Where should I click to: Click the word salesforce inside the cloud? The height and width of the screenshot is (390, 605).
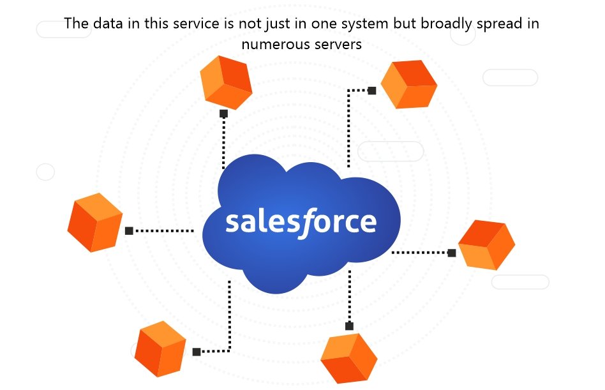(x=301, y=223)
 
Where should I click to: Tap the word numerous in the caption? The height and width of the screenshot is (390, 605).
(x=274, y=45)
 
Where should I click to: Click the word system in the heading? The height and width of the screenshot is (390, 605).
(x=364, y=24)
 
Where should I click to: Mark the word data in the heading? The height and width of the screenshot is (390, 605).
(x=108, y=23)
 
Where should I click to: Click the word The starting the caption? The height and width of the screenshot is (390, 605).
(x=77, y=23)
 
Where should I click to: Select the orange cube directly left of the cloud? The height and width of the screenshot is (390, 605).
(x=95, y=223)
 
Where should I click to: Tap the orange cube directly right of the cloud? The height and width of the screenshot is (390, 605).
(x=486, y=245)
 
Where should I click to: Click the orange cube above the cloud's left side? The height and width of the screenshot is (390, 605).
(x=226, y=82)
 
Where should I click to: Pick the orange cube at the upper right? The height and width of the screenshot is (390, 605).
(x=409, y=84)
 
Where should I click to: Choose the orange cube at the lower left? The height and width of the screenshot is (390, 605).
(x=160, y=349)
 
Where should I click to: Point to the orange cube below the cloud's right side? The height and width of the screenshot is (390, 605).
(x=349, y=358)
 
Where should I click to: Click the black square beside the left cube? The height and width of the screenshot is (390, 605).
(x=130, y=230)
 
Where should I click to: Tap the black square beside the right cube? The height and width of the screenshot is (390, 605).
(x=452, y=253)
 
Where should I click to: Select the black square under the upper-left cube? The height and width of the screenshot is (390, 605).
(x=224, y=114)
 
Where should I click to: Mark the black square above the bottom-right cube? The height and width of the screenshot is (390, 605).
(x=349, y=326)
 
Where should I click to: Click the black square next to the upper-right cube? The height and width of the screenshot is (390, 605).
(x=372, y=91)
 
